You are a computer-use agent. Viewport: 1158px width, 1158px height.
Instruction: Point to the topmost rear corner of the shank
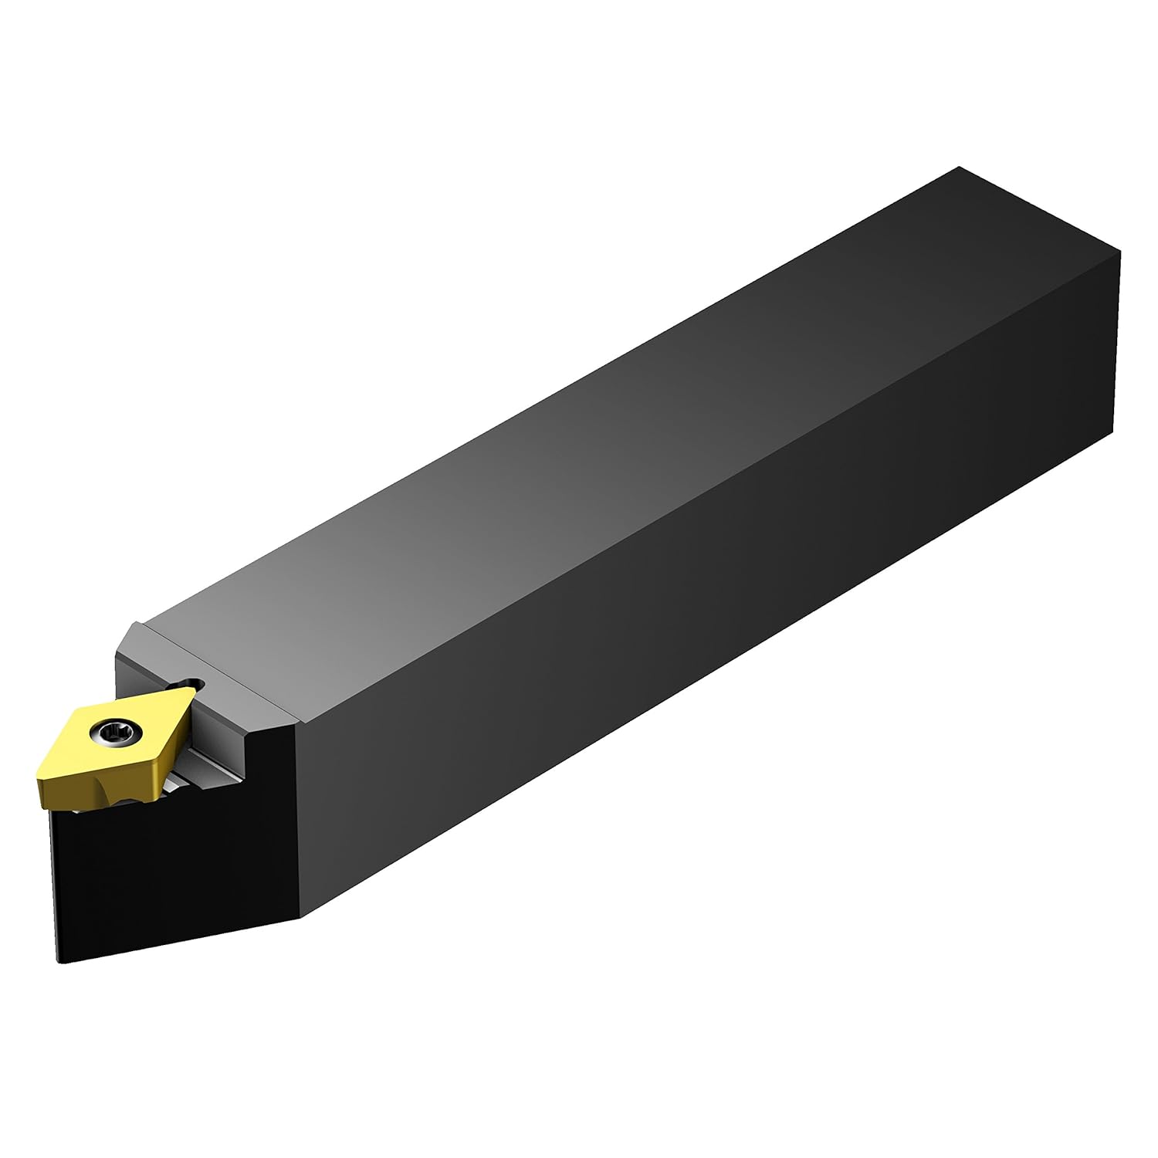tap(958, 167)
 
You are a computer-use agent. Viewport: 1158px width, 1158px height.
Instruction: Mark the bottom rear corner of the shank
tap(1112, 426)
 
